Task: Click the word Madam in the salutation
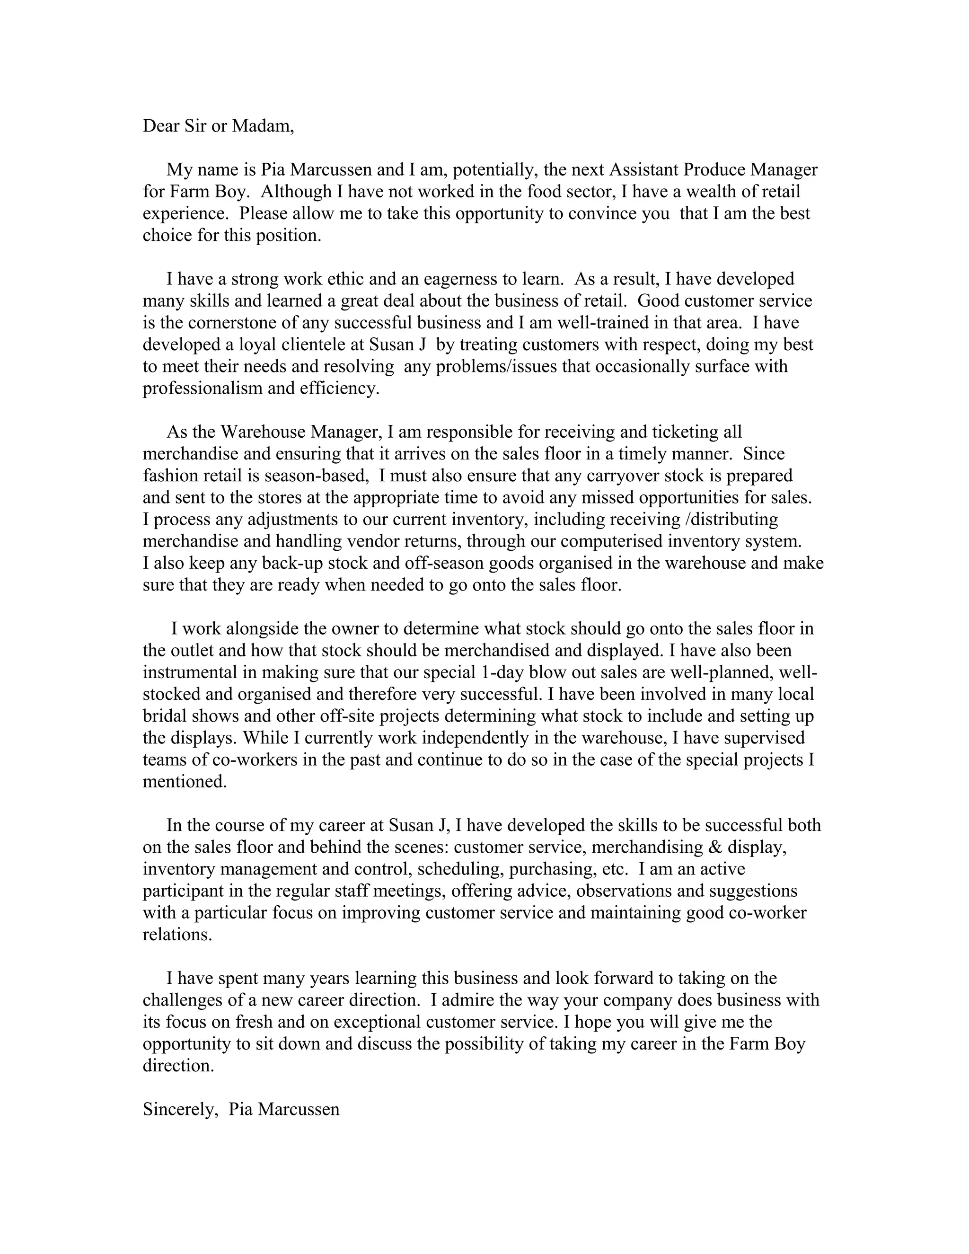(262, 126)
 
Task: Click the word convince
(602, 213)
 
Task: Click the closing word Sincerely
(180, 1109)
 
